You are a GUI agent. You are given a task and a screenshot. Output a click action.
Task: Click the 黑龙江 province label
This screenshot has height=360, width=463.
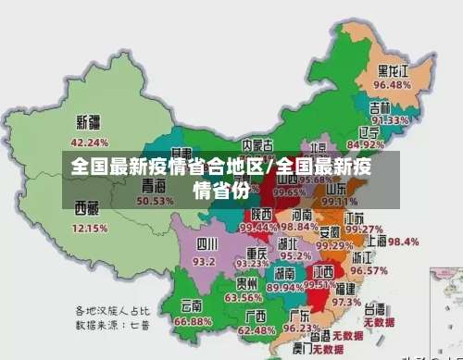(x=393, y=70)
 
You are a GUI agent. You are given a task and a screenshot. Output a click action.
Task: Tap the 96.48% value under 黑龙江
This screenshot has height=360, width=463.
(x=392, y=85)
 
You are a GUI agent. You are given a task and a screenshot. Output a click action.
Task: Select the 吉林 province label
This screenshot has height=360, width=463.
(x=381, y=106)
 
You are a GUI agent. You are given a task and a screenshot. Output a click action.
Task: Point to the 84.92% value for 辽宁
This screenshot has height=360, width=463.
(x=366, y=144)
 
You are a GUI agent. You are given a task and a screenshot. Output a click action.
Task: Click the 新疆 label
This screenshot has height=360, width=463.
(x=89, y=122)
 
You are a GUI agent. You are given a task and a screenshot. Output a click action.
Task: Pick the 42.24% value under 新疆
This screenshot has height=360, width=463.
(x=90, y=143)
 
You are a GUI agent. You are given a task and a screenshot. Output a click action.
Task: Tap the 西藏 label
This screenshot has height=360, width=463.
(x=86, y=206)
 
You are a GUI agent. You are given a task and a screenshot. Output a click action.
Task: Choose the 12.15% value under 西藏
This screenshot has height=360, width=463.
(x=90, y=227)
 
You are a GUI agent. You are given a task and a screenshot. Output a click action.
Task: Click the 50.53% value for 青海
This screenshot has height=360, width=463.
(x=155, y=200)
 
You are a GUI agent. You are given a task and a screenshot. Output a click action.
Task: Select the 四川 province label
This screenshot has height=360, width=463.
(x=206, y=244)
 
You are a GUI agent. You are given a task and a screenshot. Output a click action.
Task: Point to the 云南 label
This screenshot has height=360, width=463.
(x=192, y=304)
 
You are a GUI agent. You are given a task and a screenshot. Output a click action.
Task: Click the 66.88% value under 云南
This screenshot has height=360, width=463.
(x=193, y=320)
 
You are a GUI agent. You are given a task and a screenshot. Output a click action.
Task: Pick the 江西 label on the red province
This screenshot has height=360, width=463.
(x=323, y=271)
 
